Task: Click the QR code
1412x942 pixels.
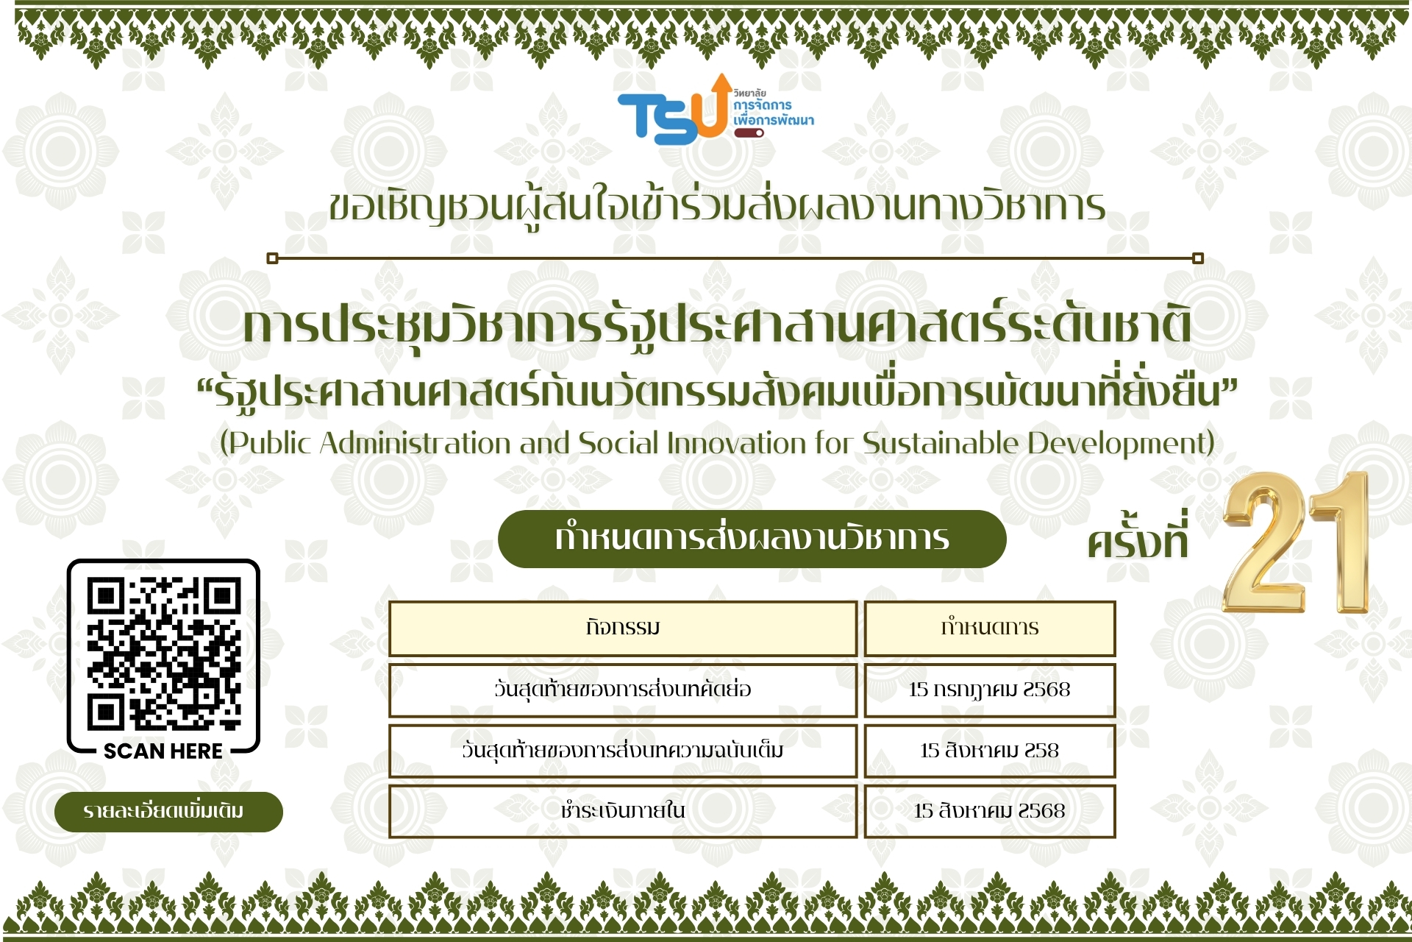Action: point(163,654)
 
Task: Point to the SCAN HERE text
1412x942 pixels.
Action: point(163,751)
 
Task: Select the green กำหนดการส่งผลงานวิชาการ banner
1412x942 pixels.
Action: point(752,539)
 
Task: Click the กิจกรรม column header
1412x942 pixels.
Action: point(623,628)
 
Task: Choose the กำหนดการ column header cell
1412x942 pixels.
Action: point(990,628)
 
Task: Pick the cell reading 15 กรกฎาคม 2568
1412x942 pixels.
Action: point(990,690)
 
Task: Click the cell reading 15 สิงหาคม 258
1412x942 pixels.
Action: point(990,751)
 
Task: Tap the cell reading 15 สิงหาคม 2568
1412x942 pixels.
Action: point(990,811)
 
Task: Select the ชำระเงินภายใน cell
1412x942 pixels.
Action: point(623,811)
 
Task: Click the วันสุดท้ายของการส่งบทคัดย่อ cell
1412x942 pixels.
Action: point(623,690)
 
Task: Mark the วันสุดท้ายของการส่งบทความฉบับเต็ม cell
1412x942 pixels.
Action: point(623,751)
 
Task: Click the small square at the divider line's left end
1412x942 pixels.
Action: point(272,258)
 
